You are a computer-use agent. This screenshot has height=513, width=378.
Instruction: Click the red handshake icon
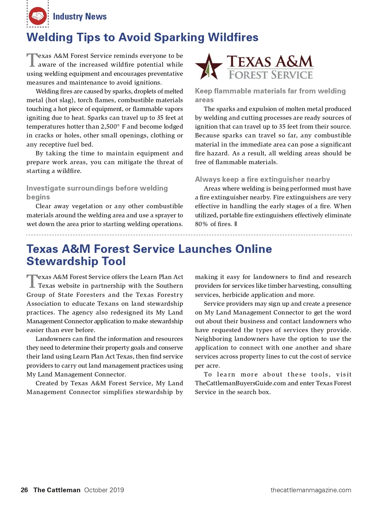pyautogui.click(x=38, y=16)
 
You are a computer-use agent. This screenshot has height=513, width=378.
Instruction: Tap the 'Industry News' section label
pyautogui.click(x=80, y=16)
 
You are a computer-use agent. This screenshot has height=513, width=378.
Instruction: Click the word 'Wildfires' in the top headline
pyautogui.click(x=233, y=37)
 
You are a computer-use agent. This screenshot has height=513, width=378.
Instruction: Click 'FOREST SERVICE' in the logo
pyautogui.click(x=271, y=75)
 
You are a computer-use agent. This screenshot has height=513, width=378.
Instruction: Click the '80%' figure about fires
pyautogui.click(x=201, y=224)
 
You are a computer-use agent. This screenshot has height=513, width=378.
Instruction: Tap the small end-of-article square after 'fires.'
pyautogui.click(x=236, y=224)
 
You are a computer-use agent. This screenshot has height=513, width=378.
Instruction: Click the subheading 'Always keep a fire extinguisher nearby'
pyautogui.click(x=262, y=180)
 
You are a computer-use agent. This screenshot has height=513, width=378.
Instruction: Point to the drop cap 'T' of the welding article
pyautogui.click(x=32, y=60)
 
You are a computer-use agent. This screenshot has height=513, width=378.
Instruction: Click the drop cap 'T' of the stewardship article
pyautogui.click(x=32, y=282)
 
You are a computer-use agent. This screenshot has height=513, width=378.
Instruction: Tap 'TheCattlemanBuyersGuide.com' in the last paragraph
pyautogui.click(x=240, y=383)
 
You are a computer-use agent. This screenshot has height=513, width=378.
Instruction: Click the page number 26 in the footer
pyautogui.click(x=24, y=490)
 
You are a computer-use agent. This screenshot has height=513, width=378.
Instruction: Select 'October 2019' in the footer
pyautogui.click(x=104, y=490)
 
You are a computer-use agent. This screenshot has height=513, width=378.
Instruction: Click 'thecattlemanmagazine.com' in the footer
pyautogui.click(x=311, y=490)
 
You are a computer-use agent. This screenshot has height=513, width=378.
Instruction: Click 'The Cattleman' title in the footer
pyautogui.click(x=57, y=490)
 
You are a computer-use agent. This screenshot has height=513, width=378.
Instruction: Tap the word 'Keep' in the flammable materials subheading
pyautogui.click(x=203, y=91)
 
